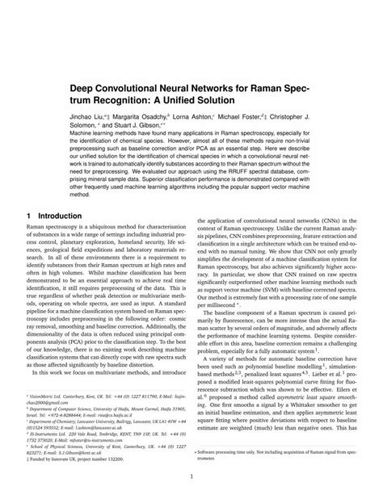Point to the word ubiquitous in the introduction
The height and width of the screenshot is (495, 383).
(109, 231)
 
